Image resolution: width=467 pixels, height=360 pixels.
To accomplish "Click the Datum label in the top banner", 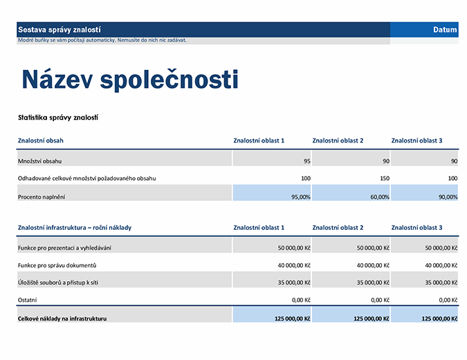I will click(x=445, y=30).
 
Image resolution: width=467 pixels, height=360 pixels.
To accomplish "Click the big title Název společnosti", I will click(x=130, y=80).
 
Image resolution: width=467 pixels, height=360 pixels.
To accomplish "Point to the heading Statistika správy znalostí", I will click(x=58, y=118).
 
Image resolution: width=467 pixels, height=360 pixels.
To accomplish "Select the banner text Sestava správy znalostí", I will click(x=59, y=30).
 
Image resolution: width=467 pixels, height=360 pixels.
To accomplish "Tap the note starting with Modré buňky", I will click(x=102, y=40).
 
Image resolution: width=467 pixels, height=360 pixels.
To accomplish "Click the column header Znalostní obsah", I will click(x=41, y=141).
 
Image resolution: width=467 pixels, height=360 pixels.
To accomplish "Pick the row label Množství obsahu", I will click(x=40, y=161).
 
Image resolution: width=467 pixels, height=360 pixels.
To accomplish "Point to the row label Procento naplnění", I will click(x=42, y=197).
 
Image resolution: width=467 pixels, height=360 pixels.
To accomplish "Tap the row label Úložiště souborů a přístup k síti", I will click(x=62, y=282).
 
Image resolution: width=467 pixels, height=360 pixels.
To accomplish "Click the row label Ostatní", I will click(x=28, y=300).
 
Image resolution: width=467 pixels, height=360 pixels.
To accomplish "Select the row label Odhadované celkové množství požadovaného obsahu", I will click(x=87, y=179).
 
